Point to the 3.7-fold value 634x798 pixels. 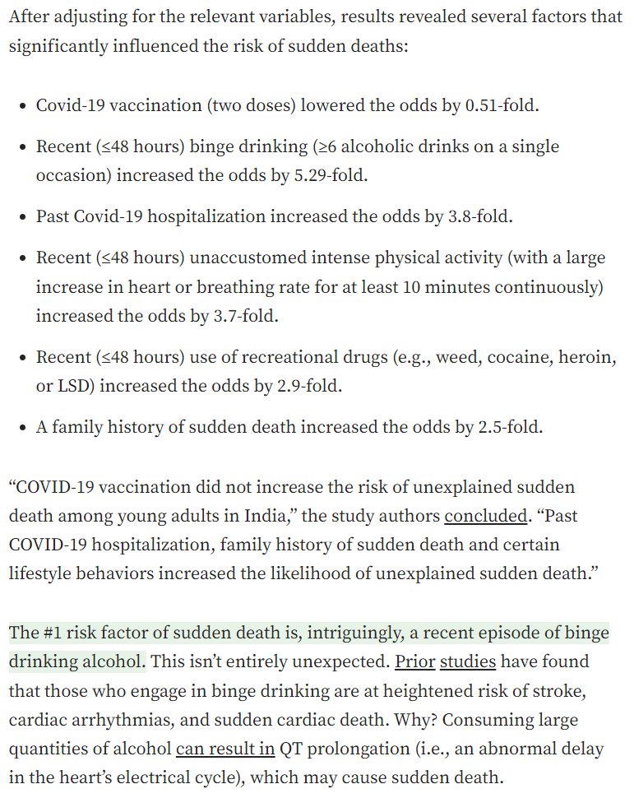click(x=243, y=316)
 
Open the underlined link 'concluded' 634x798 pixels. click(x=485, y=517)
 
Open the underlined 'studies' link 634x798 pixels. click(x=468, y=661)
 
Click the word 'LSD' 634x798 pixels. click(x=74, y=387)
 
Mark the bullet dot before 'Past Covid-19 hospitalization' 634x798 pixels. click(x=21, y=218)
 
